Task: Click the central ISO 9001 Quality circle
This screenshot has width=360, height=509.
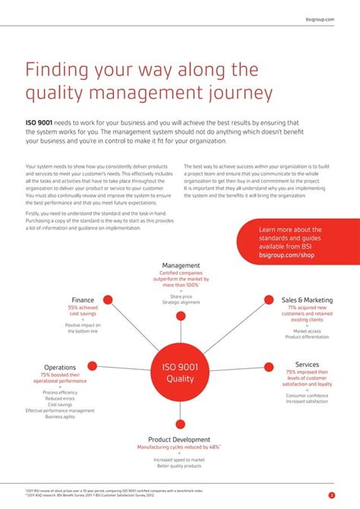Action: click(180, 372)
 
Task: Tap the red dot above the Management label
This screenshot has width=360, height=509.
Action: click(181, 254)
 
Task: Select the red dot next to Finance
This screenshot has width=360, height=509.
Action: click(108, 299)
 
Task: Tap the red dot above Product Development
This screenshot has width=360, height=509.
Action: click(180, 425)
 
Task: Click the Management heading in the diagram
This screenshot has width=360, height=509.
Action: click(181, 265)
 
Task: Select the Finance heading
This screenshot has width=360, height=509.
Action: click(83, 299)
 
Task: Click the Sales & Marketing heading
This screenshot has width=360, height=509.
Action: click(307, 299)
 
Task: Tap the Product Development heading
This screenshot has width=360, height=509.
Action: click(179, 439)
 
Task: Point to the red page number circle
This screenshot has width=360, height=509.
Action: click(331, 495)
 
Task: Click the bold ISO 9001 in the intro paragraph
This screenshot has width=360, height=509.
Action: click(39, 122)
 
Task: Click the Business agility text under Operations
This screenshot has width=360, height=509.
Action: click(60, 416)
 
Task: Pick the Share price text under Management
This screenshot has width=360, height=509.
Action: click(181, 296)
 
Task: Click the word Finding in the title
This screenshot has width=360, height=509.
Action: click(59, 70)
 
